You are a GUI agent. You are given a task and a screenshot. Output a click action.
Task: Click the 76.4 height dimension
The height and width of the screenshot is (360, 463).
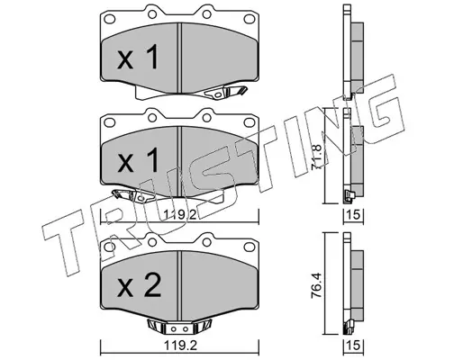(317, 285)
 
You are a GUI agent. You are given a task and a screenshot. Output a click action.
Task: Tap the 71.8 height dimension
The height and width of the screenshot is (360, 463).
(317, 157)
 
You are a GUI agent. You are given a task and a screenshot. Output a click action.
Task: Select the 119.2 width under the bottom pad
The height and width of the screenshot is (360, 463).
(180, 346)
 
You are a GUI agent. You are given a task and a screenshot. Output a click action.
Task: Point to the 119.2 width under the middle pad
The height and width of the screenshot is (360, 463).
(180, 215)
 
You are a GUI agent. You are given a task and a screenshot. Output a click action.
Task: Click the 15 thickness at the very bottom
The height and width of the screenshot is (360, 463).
(354, 346)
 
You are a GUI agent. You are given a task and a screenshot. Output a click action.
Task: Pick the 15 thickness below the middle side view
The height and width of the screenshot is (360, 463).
(354, 215)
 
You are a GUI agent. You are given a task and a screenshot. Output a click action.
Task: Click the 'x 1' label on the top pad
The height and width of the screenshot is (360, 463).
(138, 57)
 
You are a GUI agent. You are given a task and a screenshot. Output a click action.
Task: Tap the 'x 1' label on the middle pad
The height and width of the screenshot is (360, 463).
(138, 160)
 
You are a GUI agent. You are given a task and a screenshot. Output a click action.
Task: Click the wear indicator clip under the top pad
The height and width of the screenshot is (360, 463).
(225, 92)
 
